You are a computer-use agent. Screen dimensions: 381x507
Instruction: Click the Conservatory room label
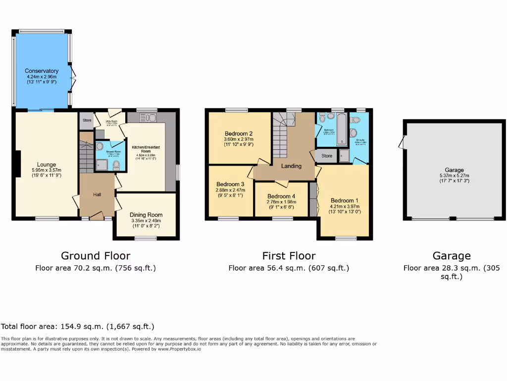[42, 71]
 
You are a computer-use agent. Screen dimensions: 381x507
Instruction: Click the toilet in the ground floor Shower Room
[115, 164]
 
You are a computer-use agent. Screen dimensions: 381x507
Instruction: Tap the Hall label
[97, 195]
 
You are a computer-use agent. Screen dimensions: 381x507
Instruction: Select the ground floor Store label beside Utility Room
[87, 120]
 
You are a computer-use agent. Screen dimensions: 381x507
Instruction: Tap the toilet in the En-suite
[354, 132]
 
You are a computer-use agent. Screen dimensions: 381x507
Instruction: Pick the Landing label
[291, 166]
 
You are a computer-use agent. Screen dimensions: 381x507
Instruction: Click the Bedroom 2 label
[239, 133]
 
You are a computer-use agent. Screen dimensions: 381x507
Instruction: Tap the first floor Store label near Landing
[326, 156]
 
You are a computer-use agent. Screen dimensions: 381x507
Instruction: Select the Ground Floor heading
[96, 256]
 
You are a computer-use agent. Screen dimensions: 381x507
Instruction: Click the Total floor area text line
[78, 326]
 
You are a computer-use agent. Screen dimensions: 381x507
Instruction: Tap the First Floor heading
[289, 256]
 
